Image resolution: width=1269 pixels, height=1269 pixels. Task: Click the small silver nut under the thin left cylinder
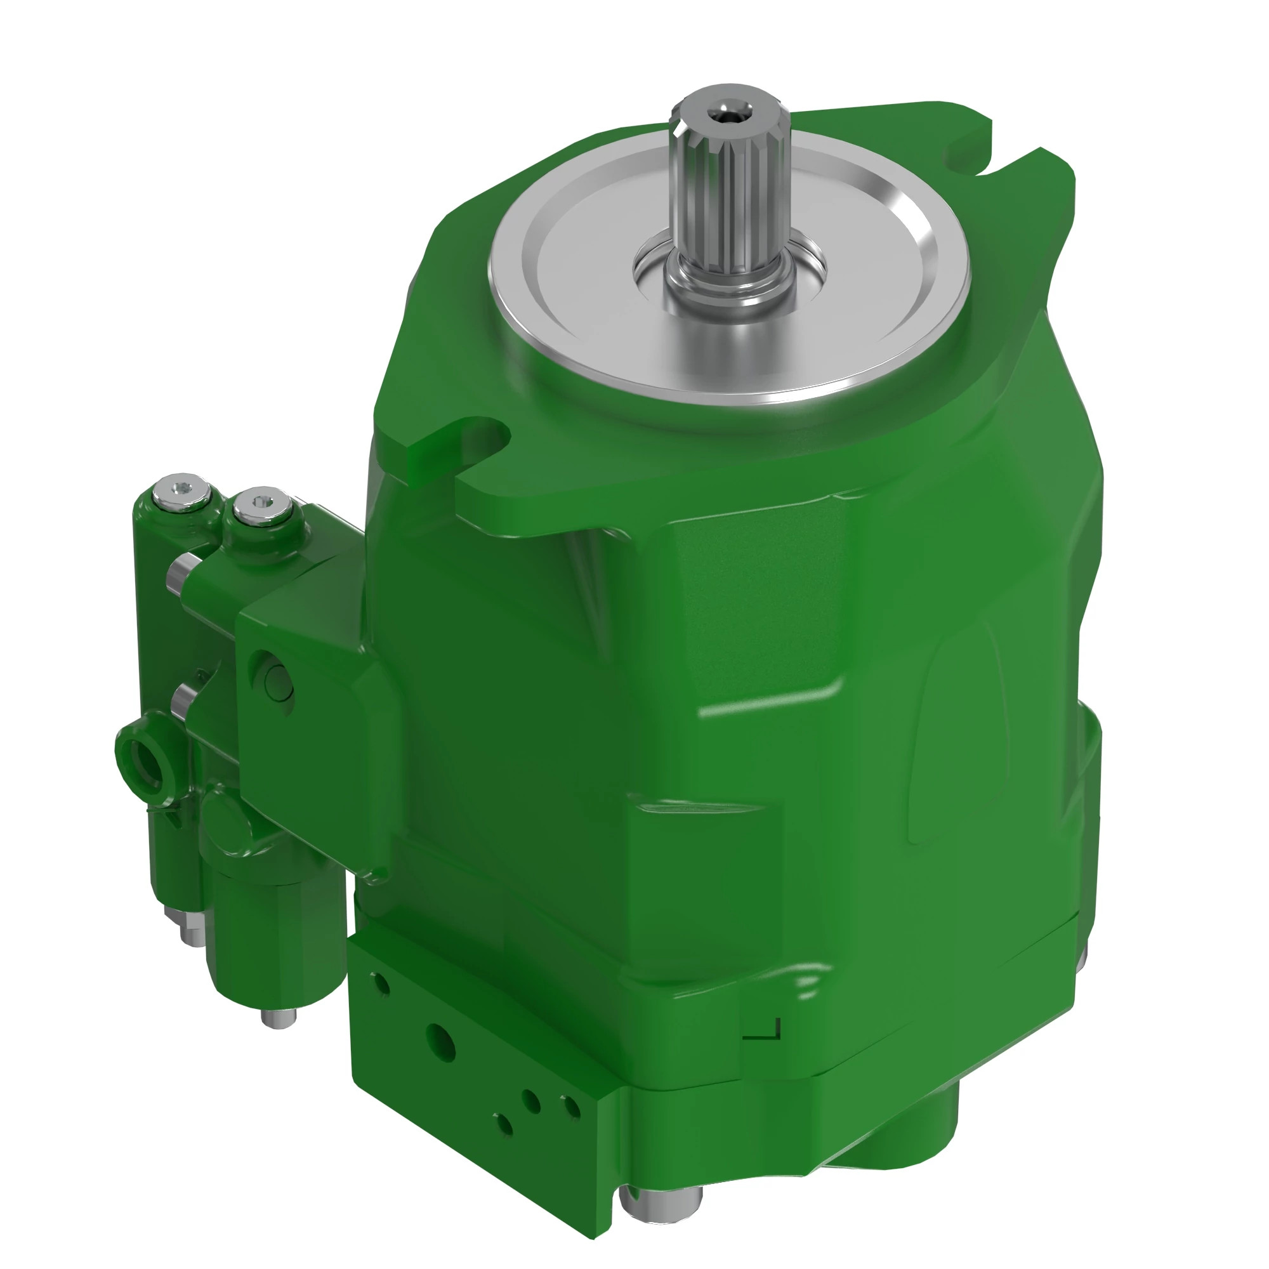(x=191, y=933)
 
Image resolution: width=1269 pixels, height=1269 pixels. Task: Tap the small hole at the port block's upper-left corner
(x=380, y=983)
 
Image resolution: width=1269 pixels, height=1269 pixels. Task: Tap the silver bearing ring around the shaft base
(x=729, y=289)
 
